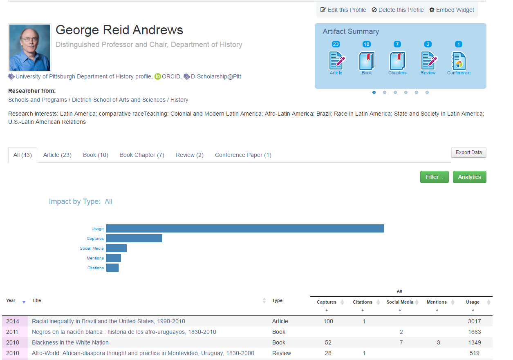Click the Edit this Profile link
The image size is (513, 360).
pos(343,10)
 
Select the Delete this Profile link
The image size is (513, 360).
pos(397,10)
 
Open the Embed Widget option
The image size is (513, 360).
pos(452,10)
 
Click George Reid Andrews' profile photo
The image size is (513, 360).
pos(30,47)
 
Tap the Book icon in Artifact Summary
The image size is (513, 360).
pos(367,61)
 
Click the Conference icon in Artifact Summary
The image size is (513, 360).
pos(459,61)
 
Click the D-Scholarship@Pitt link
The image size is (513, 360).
pos(215,76)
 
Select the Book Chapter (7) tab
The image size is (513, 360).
pos(142,155)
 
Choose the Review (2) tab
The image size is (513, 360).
pos(190,155)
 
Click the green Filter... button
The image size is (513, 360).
pos(434,177)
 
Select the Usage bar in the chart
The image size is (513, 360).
pos(244,228)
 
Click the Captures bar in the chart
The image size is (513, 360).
pos(134,238)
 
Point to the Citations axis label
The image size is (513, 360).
pos(96,268)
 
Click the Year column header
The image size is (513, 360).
pos(11,301)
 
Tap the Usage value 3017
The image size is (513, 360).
pos(474,321)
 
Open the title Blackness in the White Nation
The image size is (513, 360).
pos(70,342)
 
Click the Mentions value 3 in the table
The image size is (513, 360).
pos(438,342)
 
